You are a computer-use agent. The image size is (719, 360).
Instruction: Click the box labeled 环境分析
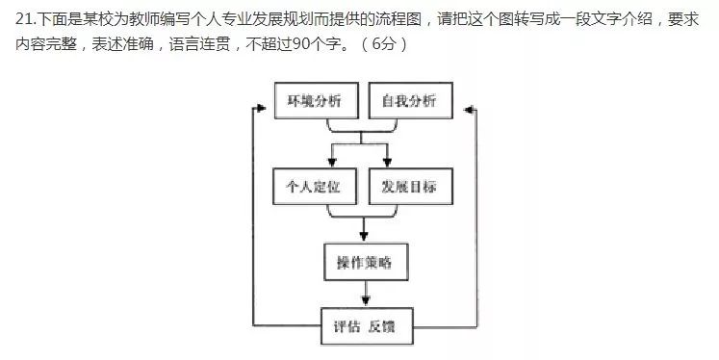pos(315,100)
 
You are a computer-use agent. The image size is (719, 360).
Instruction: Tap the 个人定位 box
pos(315,186)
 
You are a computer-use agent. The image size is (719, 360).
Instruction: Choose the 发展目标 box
pos(407,186)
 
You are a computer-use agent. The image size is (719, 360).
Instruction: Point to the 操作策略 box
pos(364,262)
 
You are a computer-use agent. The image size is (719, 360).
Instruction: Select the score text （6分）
pos(382,45)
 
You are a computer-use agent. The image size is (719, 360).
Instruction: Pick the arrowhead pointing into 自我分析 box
pos(457,100)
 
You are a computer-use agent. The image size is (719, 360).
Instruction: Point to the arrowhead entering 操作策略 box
pos(364,237)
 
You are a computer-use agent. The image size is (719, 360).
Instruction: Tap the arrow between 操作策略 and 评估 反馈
pos(364,295)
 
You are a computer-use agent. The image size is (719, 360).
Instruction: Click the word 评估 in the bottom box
pos(345,326)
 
